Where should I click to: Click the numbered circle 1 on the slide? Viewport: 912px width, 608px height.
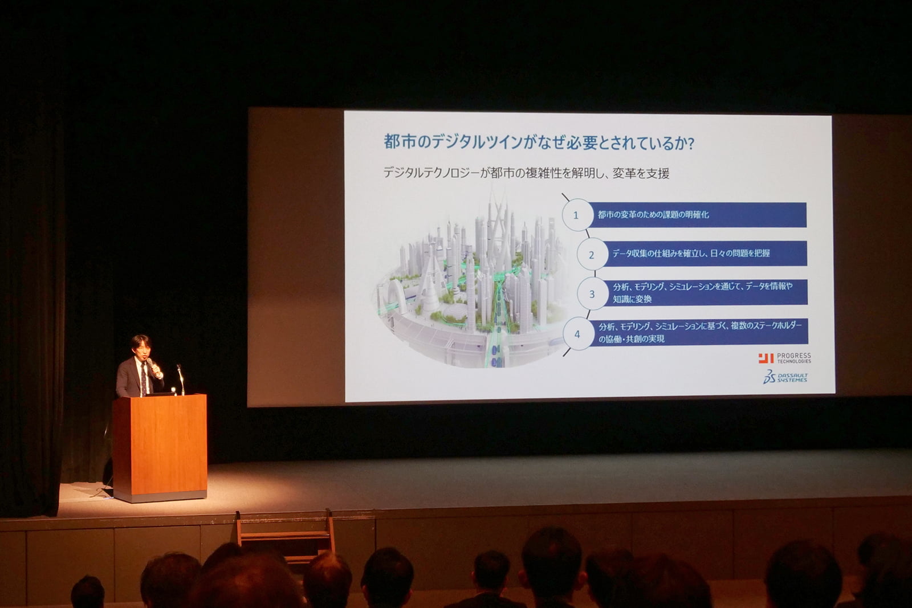576,215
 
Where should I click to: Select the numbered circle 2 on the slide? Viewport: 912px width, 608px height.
592,255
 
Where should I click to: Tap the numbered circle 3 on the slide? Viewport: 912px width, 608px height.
592,294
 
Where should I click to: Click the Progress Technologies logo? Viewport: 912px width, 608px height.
784,358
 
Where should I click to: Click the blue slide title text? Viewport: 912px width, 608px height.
539,143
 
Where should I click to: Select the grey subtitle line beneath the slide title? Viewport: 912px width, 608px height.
526,173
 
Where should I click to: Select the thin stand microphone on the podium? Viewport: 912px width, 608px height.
181,380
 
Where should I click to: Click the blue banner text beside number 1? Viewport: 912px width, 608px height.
653,214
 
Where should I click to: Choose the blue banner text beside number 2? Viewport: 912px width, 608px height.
691,254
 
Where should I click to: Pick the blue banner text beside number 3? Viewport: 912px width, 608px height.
703,293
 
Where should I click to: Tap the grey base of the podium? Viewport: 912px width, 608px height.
160,496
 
